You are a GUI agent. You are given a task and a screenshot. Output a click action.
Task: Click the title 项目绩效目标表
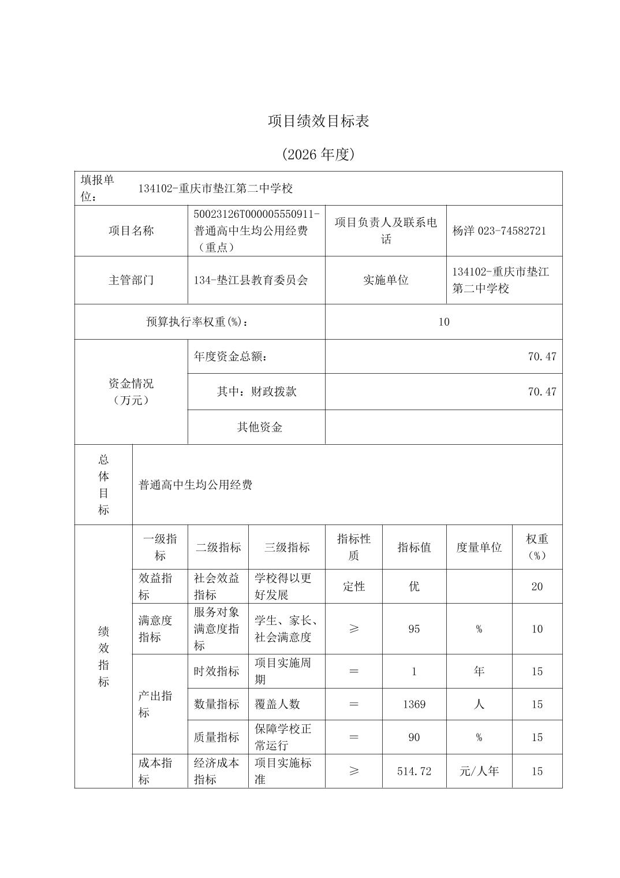(x=318, y=121)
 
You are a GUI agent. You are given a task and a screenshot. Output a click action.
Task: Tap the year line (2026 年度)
(x=318, y=154)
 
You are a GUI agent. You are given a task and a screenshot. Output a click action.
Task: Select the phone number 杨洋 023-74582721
(x=499, y=230)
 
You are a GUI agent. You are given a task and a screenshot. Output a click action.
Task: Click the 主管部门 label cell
(x=131, y=280)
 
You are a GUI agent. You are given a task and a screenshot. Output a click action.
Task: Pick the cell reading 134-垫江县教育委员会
(x=251, y=280)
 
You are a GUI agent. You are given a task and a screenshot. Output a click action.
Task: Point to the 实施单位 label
(x=386, y=280)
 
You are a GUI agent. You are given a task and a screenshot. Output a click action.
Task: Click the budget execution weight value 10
(x=443, y=322)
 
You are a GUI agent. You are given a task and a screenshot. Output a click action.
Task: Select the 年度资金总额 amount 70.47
(x=541, y=356)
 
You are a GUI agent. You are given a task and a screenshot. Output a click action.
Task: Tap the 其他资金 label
(x=260, y=427)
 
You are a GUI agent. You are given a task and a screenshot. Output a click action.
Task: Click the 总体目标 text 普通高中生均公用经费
(x=196, y=485)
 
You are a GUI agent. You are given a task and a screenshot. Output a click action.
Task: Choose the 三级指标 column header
(x=287, y=547)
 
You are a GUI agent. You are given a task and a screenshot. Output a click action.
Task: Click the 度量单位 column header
(x=479, y=547)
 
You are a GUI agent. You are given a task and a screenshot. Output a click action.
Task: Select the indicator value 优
(x=414, y=586)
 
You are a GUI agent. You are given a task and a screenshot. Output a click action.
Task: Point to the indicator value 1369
(x=414, y=704)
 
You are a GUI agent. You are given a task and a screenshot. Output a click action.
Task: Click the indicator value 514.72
(x=414, y=771)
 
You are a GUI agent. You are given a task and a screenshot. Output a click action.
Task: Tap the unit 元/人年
(x=479, y=771)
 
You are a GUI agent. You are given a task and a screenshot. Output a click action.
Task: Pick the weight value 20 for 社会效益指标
(x=537, y=586)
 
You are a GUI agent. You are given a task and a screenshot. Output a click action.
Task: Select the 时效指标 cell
(x=216, y=671)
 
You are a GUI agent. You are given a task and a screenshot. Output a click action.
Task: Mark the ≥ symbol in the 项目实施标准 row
(x=354, y=771)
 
